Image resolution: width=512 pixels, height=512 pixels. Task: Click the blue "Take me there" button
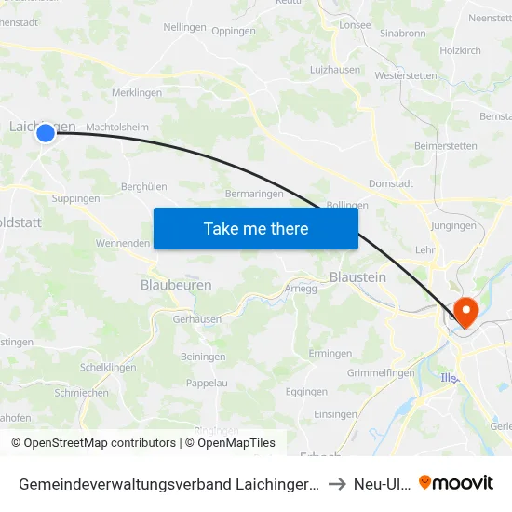(256, 228)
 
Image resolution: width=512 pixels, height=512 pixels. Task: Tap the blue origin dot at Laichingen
(46, 134)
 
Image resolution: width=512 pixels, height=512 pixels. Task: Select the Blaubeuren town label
(176, 285)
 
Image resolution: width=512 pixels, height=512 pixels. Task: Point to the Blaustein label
(357, 276)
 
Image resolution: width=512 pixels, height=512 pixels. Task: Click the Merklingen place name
(137, 93)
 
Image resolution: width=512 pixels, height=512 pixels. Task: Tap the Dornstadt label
(391, 183)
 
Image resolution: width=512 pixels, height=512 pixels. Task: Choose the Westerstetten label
(405, 75)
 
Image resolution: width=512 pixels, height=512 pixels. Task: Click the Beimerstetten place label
(445, 146)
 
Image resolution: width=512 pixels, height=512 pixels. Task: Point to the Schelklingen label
(110, 367)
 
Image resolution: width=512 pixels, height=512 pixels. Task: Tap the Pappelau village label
(207, 383)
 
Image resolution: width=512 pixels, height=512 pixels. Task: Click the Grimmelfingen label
(380, 373)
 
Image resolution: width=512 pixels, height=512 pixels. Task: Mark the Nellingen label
(184, 27)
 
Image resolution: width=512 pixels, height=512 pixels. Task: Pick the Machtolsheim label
(117, 128)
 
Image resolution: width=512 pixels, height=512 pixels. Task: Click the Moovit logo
(456, 483)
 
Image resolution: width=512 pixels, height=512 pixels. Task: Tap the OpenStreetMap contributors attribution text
(93, 443)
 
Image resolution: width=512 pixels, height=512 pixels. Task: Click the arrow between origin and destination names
(336, 484)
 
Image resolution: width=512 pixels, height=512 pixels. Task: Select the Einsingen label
(336, 414)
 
